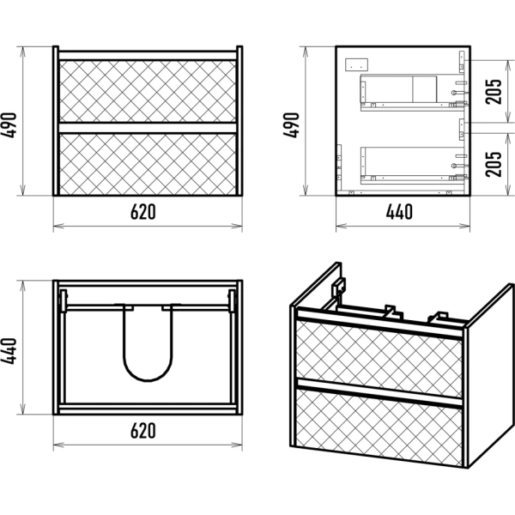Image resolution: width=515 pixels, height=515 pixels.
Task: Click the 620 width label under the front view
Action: tap(143, 213)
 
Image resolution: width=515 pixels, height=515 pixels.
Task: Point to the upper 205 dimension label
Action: tap(495, 89)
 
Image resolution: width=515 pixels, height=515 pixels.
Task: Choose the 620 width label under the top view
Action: tap(143, 430)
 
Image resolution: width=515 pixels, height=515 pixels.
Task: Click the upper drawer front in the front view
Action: tap(147, 89)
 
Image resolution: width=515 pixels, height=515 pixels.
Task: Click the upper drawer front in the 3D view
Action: tap(379, 353)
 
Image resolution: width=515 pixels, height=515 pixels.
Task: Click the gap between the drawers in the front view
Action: tap(147, 125)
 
